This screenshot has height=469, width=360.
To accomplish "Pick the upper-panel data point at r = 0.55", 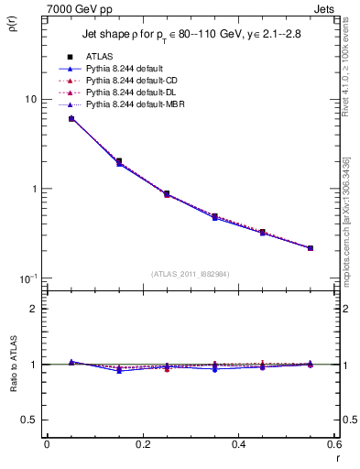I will coord(311,247).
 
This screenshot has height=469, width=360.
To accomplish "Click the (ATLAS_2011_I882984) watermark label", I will coord(191,274).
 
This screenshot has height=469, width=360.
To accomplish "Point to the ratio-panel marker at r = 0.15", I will coord(119,370).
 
